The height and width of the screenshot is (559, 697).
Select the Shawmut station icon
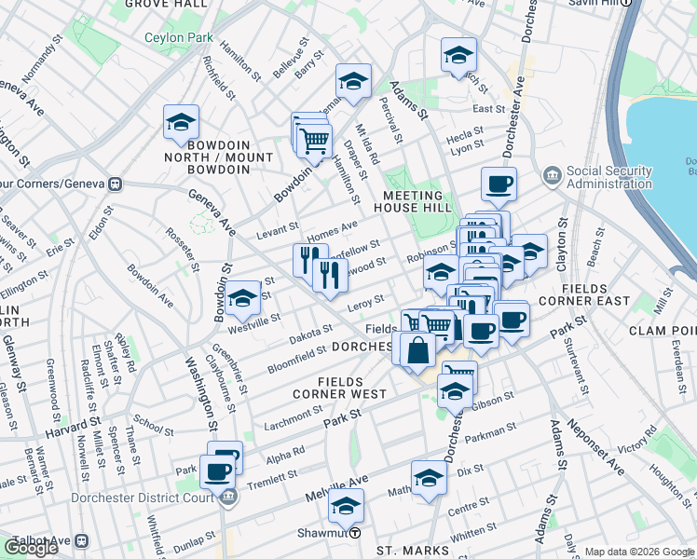tap(355, 533)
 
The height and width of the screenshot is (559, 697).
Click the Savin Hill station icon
tap(627, 3)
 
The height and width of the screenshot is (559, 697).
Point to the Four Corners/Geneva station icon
tap(116, 184)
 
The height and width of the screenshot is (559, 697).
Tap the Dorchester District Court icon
tap(227, 497)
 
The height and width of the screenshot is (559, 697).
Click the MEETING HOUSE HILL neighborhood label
tap(412, 202)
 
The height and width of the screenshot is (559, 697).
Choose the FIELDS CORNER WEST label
tap(351, 388)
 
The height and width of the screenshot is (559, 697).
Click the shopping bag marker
tap(418, 350)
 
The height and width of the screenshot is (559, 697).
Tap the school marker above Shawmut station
tap(346, 507)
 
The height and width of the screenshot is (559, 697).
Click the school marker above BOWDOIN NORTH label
tap(181, 122)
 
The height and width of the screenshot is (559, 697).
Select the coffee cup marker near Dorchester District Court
tap(218, 471)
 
